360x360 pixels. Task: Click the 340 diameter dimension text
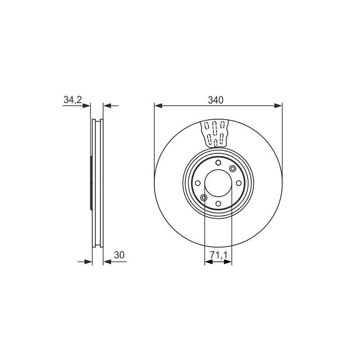216,100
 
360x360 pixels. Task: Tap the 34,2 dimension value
72,99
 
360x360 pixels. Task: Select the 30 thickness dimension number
119,255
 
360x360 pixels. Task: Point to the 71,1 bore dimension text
218,255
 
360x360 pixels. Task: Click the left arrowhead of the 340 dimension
158,106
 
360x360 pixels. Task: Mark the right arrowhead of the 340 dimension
278,106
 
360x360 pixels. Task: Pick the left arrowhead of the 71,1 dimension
208,262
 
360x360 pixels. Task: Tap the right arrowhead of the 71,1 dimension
228,262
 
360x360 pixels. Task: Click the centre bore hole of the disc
218,183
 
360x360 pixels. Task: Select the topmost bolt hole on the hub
218,163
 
